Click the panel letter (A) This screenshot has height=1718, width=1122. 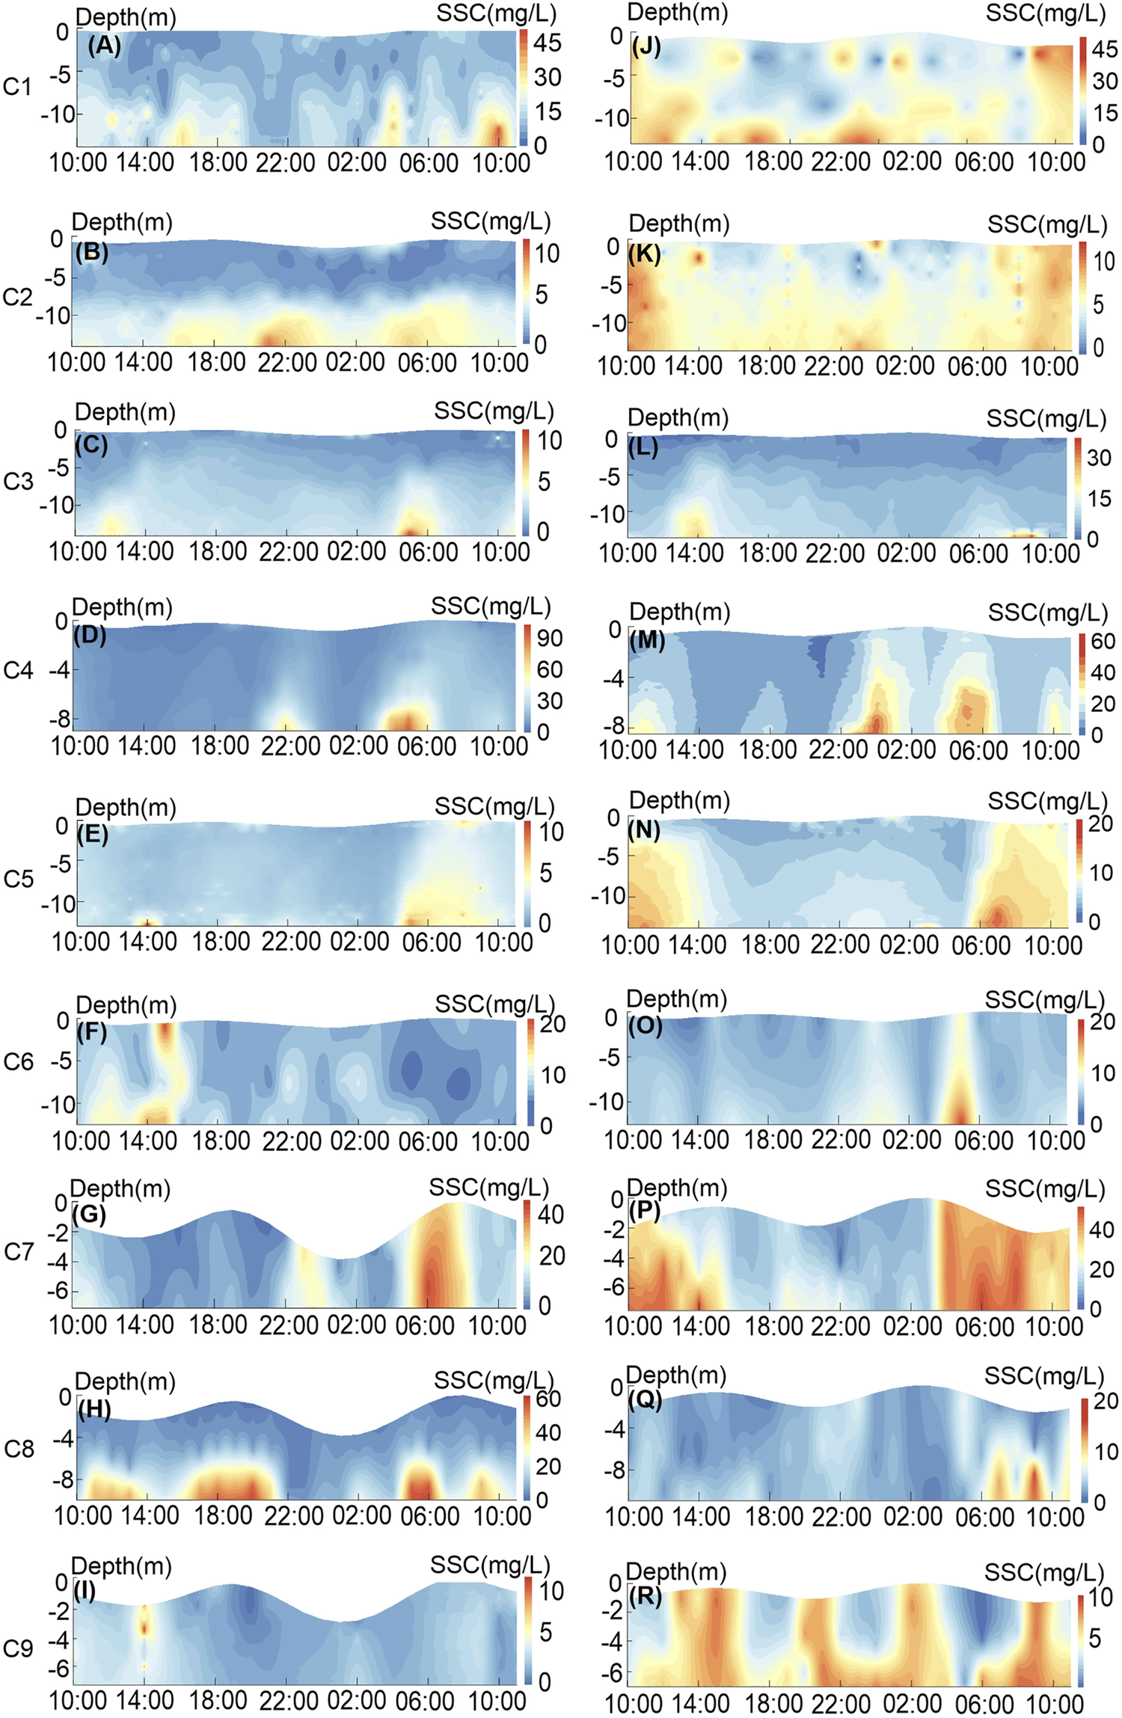(104, 46)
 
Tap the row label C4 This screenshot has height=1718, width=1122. (18, 670)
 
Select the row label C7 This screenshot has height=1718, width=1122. (18, 1251)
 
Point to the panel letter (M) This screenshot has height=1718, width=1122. (648, 641)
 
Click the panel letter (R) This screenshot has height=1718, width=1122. (646, 1597)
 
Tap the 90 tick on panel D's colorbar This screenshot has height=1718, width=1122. (550, 638)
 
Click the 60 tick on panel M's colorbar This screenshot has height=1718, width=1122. (1103, 641)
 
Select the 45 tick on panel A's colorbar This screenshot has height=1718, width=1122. (547, 43)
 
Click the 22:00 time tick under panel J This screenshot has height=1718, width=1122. (840, 162)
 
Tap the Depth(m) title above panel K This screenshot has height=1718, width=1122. (678, 224)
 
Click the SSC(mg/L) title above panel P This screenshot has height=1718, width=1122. (1044, 1188)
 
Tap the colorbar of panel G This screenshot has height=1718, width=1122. (527, 1257)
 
